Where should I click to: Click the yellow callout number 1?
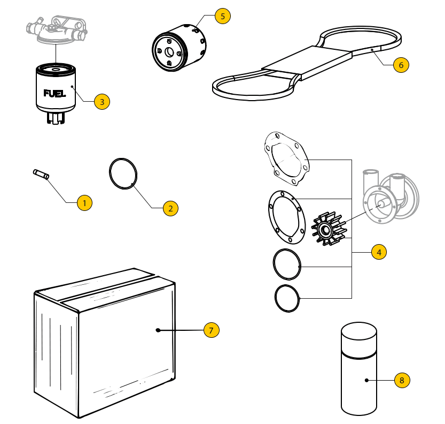pos(84,203)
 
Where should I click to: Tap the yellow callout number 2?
pos(170,209)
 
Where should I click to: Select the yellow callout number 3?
pos(102,101)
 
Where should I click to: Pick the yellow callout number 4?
pos(378,252)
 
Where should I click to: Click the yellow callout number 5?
pos(223,16)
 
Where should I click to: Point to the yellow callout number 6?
pos(401,65)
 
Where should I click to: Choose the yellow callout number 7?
pos(211,330)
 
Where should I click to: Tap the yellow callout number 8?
pos(402,381)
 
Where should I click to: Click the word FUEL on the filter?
pos(54,94)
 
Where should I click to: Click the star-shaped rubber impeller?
pos(329,231)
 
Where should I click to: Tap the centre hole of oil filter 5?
pos(168,52)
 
